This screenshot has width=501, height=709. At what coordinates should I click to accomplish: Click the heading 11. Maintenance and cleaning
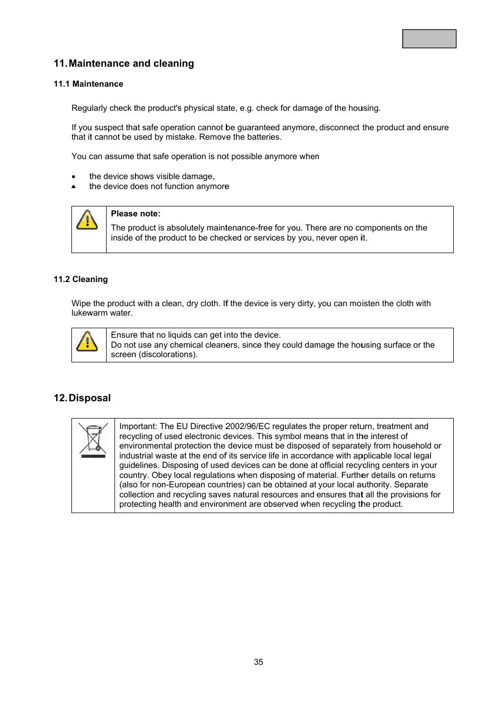124,64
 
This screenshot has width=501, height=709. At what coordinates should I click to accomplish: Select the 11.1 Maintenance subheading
88,84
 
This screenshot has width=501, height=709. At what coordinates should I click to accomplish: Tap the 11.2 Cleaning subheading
80,279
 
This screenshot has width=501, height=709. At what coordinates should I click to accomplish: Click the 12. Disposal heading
82,398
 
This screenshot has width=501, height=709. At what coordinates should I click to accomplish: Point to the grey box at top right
429,39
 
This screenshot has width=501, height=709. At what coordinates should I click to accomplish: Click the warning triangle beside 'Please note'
87,220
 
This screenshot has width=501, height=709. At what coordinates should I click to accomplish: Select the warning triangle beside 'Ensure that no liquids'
87,341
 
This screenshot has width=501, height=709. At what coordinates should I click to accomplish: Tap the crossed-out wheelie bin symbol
93,441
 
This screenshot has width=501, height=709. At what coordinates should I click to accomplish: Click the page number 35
258,662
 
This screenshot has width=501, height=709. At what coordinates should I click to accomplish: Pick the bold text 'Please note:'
135,214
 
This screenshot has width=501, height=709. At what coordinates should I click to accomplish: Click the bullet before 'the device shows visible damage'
74,177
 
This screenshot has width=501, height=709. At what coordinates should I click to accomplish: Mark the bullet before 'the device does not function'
74,187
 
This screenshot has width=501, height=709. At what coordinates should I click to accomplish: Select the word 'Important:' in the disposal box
138,426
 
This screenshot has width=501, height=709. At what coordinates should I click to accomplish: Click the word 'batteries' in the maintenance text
265,137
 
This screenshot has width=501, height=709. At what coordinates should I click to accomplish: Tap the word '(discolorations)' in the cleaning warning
168,354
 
